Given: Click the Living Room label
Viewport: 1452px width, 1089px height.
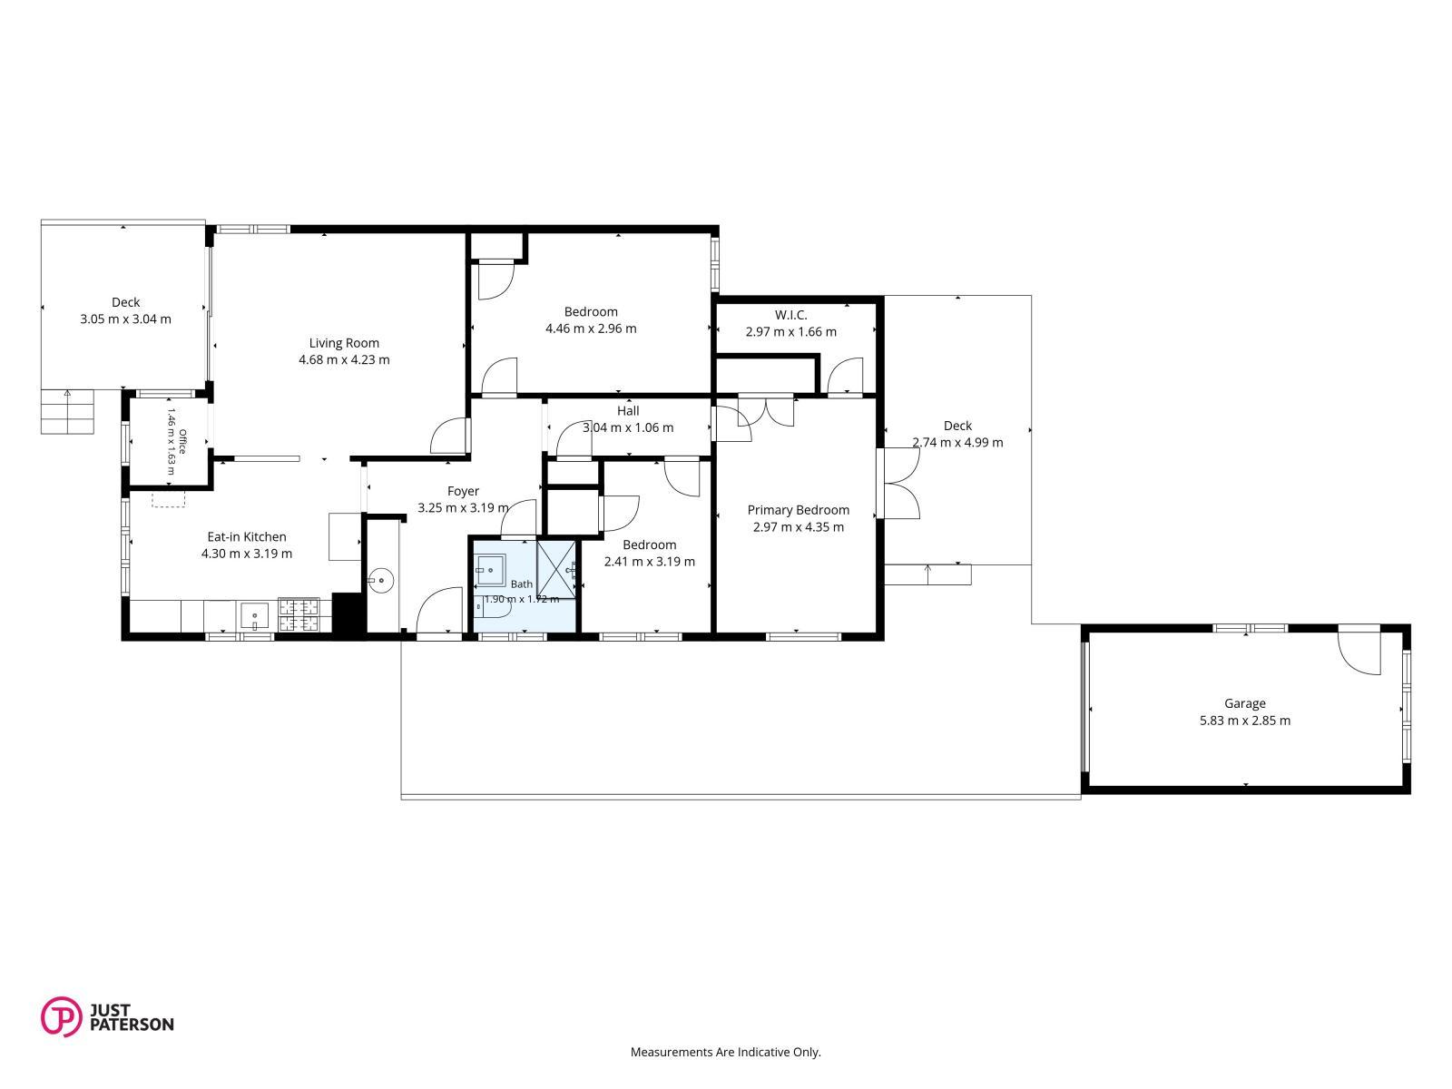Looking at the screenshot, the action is tap(344, 343).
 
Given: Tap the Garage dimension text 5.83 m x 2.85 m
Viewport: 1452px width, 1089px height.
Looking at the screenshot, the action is tap(1245, 721).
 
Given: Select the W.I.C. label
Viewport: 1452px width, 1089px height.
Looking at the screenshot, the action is tap(791, 315).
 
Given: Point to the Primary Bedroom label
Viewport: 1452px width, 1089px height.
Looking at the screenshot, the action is tap(799, 510).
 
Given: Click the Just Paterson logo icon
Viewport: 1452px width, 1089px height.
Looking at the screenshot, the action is tap(61, 1016).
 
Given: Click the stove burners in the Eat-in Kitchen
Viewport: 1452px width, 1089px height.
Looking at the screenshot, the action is tap(299, 615).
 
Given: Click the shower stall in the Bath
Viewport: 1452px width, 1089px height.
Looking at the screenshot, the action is tap(556, 569).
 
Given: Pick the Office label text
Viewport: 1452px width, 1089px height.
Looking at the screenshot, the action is tap(182, 441).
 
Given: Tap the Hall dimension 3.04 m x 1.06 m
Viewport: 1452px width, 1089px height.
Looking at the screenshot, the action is tap(628, 427).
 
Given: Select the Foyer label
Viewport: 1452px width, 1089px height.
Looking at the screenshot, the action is tap(463, 491).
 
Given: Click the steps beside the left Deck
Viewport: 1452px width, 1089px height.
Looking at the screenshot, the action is tap(67, 411).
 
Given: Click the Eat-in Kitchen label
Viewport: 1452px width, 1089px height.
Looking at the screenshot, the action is tap(247, 537).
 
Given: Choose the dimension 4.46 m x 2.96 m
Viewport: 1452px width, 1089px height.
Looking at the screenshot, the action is tap(592, 329).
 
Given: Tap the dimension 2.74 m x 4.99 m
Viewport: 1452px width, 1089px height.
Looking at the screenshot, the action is tap(957, 442).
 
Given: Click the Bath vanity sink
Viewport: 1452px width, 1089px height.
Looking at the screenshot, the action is tap(491, 570).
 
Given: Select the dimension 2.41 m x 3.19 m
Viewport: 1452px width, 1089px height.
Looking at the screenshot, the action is tap(650, 562).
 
